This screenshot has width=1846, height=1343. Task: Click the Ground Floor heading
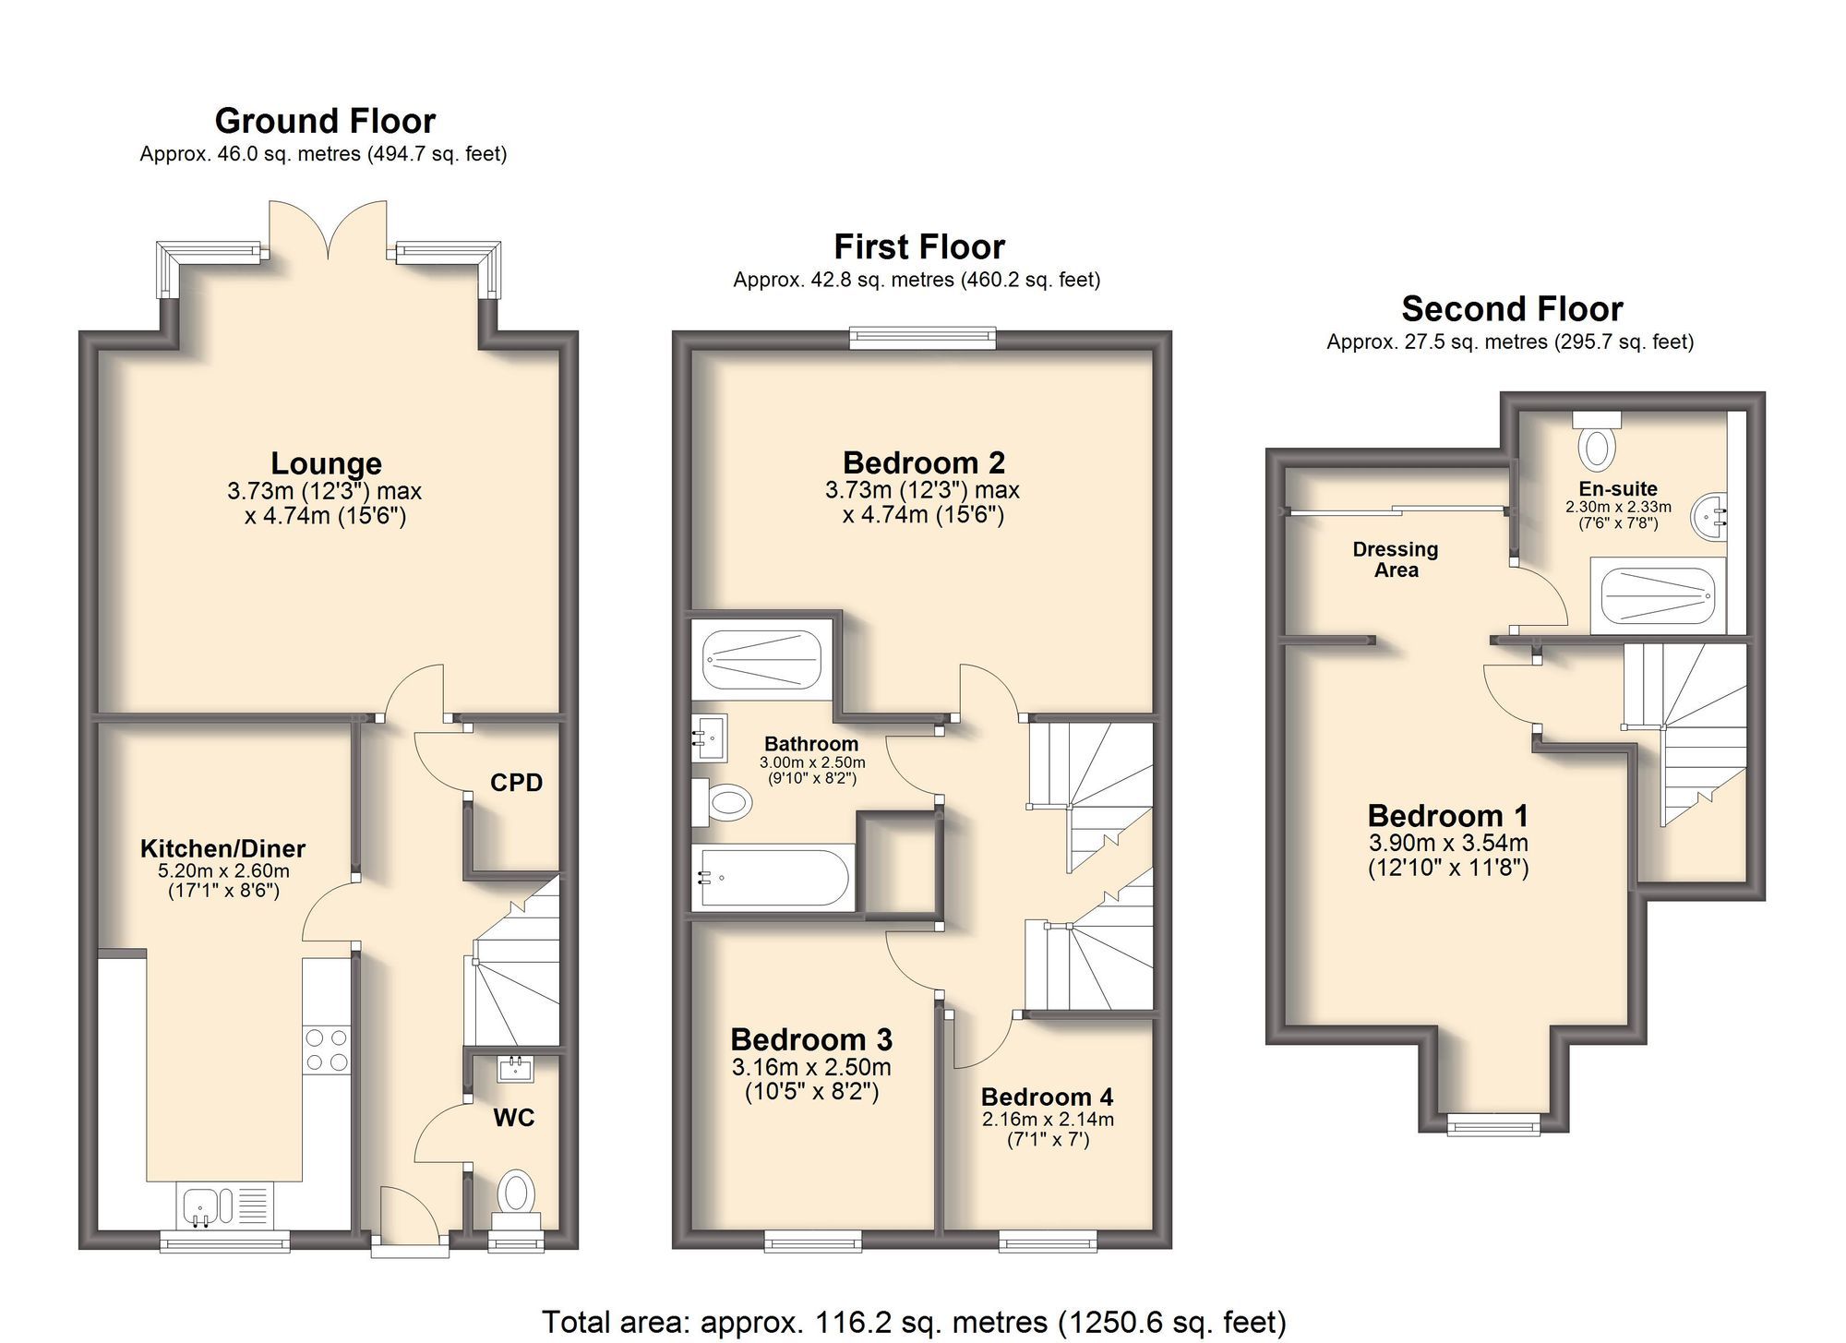coord(325,121)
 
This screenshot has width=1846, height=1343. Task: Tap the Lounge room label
coord(326,463)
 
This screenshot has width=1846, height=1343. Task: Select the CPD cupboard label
coord(516,783)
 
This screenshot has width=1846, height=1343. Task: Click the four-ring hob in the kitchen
coord(327,1049)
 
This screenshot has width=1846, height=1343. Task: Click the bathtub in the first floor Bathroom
coord(772,877)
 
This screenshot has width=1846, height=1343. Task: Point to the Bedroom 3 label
coord(811,1040)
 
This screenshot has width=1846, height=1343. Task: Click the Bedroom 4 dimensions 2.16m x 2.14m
coord(1048,1120)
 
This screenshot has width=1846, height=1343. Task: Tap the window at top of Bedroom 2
coord(923,338)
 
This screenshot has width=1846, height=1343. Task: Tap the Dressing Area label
coord(1396,559)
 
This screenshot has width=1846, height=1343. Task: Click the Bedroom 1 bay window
coord(1492,1122)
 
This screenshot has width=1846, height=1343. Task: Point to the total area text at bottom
coord(913,1322)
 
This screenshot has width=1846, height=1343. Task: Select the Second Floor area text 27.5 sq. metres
coord(1510,342)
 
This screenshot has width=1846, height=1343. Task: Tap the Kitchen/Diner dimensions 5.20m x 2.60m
coord(223,870)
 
